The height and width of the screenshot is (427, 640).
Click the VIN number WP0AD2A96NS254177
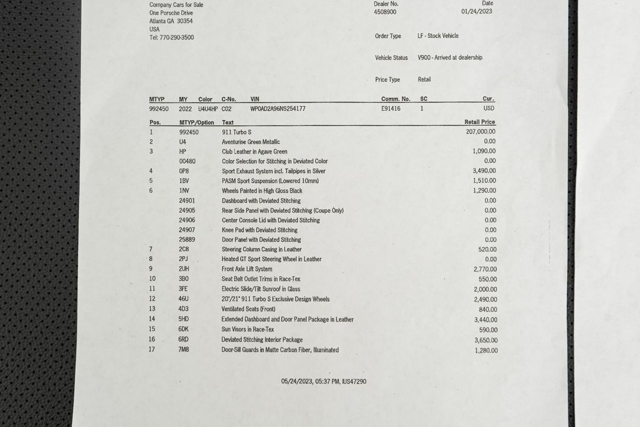278,109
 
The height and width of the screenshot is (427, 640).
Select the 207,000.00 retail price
481,132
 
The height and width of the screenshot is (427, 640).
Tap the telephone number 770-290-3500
177,37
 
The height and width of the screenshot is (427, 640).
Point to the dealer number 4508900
385,12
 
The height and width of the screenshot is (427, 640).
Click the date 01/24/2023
476,11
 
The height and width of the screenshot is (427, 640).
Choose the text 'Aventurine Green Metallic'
251,142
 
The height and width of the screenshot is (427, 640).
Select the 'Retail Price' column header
479,122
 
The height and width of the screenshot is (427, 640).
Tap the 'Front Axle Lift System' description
247,269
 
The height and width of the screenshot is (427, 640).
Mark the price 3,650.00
485,340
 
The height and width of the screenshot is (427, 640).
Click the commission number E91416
391,109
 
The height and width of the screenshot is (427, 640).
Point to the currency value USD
489,109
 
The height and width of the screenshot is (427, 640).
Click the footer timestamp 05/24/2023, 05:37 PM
310,381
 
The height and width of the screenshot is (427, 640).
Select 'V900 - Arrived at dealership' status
450,58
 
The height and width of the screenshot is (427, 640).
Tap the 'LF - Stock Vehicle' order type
438,36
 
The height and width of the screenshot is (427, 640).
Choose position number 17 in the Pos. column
152,349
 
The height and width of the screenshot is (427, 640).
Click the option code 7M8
184,350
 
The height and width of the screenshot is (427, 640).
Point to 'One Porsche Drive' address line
171,12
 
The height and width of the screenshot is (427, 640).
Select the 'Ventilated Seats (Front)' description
248,309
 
